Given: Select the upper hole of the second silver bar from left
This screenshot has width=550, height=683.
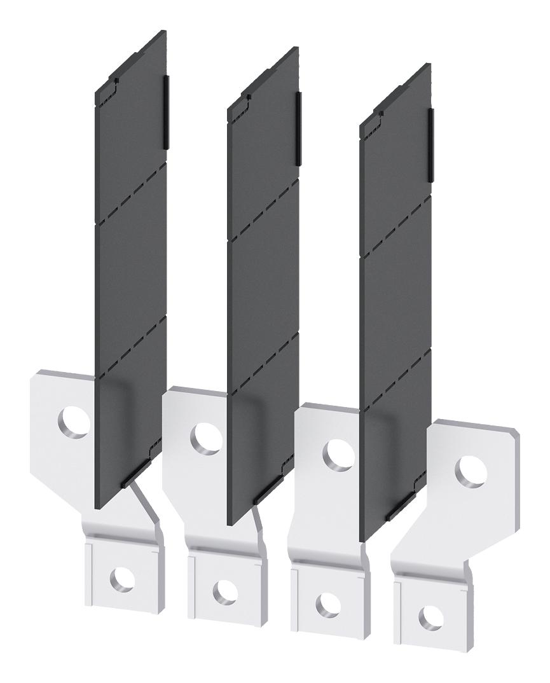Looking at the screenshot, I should click(206, 436).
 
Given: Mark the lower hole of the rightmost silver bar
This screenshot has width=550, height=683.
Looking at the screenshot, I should click(430, 615).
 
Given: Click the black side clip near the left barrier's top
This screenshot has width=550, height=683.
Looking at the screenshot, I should click(167, 112).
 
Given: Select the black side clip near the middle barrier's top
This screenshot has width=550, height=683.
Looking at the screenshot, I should click(299, 127).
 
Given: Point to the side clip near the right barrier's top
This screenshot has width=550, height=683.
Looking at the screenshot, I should click(430, 142).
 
